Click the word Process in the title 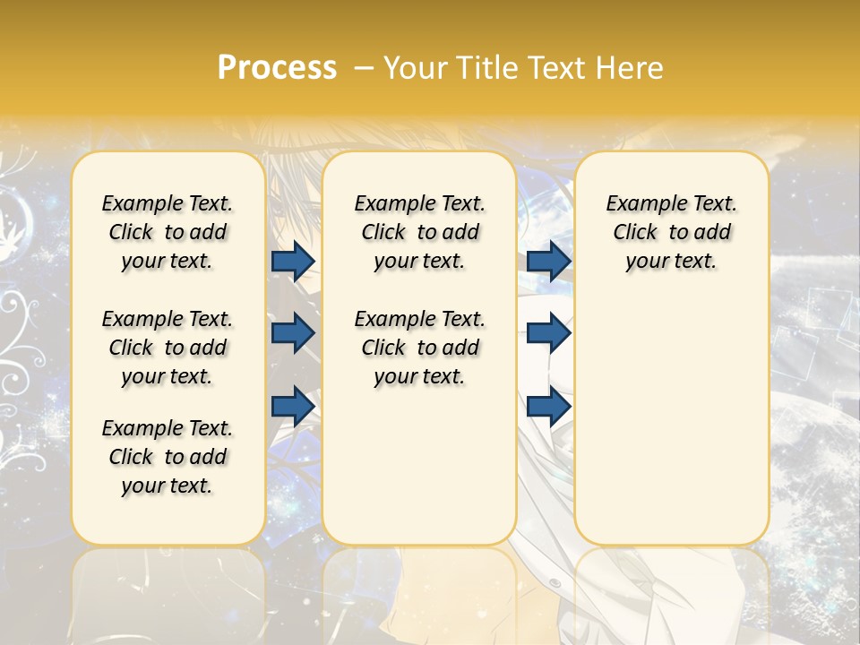point(277,67)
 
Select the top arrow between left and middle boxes point(293,261)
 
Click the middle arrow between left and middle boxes point(293,333)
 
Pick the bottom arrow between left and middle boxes point(293,406)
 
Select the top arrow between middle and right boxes point(549,261)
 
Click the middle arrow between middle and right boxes point(549,333)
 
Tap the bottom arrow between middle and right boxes point(549,406)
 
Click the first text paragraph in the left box point(168,232)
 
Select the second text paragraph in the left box point(168,348)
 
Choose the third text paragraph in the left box point(168,457)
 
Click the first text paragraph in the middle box point(419,232)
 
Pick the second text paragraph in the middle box point(419,348)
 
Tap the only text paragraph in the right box point(671,232)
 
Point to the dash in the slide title point(364,67)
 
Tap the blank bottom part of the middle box point(419,475)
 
